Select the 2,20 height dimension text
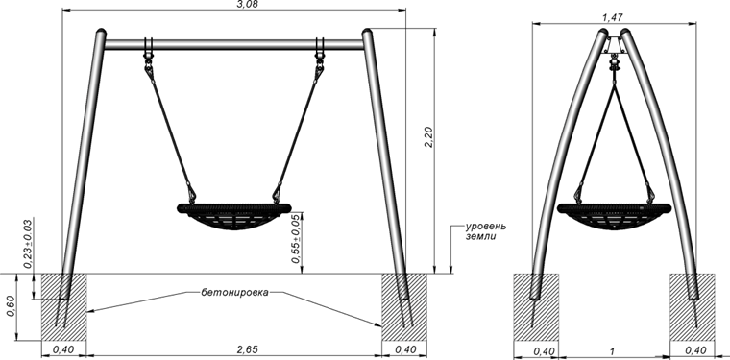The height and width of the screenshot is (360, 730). (429, 137)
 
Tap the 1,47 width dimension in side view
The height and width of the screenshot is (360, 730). (613, 17)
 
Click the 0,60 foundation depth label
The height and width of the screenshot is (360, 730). (11, 307)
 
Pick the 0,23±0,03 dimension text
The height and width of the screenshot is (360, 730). (29, 243)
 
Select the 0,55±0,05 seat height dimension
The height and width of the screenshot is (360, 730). (296, 240)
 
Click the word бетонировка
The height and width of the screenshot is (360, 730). (234, 292)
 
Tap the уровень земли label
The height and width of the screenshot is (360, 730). (485, 231)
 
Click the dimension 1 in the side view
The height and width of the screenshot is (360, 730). (615, 350)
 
